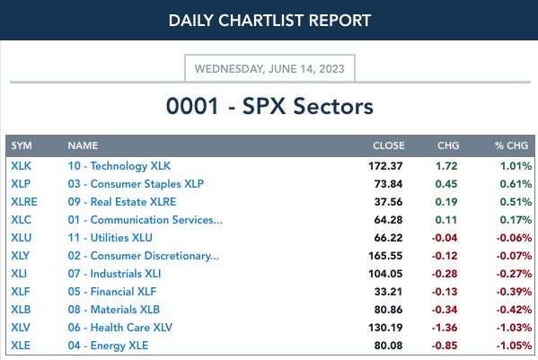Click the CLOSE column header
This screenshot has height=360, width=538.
(x=388, y=145)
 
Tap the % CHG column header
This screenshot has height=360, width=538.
(x=511, y=145)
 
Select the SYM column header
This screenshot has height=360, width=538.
(x=22, y=145)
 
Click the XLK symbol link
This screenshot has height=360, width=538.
(x=21, y=166)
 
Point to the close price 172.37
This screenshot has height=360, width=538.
(x=385, y=166)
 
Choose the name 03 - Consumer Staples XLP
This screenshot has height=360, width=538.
(x=136, y=184)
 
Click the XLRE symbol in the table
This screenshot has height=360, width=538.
(x=24, y=202)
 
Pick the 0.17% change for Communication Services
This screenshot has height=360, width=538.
(x=516, y=220)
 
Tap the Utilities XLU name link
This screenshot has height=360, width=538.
(x=110, y=238)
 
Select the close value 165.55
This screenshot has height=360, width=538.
(x=385, y=256)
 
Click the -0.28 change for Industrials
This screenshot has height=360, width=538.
(x=445, y=274)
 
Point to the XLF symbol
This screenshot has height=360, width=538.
(x=21, y=292)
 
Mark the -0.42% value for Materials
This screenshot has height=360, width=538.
(x=514, y=310)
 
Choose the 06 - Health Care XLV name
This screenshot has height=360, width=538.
(x=120, y=328)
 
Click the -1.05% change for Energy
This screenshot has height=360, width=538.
(x=514, y=346)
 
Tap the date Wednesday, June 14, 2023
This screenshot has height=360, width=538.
(x=269, y=69)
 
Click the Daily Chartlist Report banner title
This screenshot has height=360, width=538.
(x=269, y=21)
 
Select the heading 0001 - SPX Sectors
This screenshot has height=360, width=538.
(x=269, y=106)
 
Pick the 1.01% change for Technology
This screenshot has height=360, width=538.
(x=516, y=166)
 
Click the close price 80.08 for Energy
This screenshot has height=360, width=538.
(x=388, y=346)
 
